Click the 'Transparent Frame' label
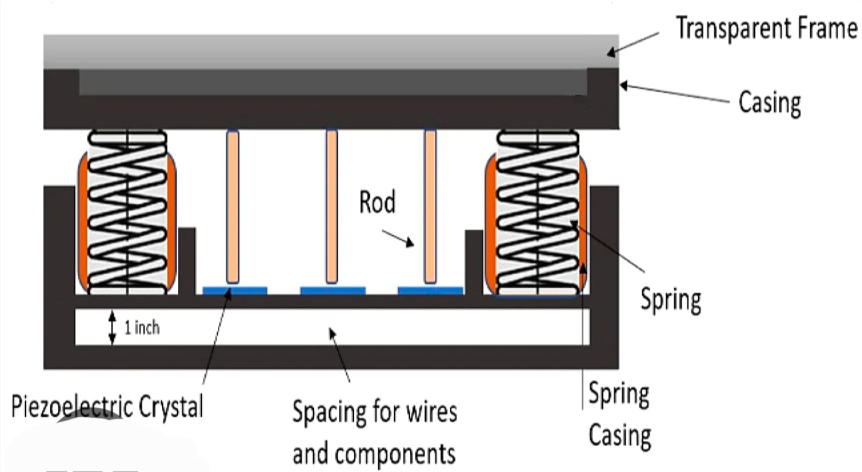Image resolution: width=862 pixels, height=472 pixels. click(x=767, y=28)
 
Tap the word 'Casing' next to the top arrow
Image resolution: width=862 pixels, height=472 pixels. click(x=769, y=103)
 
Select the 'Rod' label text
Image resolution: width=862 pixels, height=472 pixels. click(x=377, y=202)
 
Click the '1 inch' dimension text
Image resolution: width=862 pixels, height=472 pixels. click(x=142, y=328)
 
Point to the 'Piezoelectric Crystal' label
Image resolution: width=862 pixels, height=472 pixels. click(x=107, y=407)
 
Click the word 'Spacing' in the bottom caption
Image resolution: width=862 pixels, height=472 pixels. click(x=330, y=411)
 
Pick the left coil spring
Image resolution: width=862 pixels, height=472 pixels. click(x=127, y=211)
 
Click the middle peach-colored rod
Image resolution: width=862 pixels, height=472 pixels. click(x=332, y=206)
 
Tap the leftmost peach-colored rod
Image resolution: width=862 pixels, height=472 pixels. click(x=233, y=206)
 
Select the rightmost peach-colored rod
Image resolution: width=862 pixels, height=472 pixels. click(x=430, y=206)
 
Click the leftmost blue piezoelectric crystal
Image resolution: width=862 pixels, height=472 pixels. click(x=234, y=290)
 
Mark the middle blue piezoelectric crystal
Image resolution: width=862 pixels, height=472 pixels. click(x=333, y=290)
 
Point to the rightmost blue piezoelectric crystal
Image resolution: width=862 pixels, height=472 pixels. click(x=430, y=290)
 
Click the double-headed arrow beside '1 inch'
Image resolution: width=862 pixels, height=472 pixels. click(x=112, y=327)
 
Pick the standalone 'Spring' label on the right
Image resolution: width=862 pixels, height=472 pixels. click(x=670, y=300)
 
